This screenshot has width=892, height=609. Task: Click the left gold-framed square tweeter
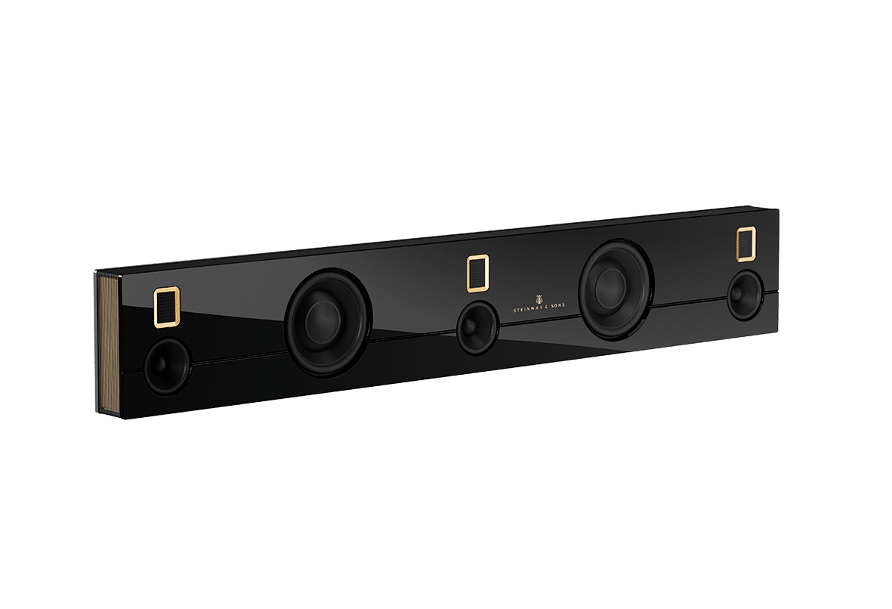167,308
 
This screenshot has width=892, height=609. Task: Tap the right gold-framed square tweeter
745,244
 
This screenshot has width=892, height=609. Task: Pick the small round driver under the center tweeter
478,327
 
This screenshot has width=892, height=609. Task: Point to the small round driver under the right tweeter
745,294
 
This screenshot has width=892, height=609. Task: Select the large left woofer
329,322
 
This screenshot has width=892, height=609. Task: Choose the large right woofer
616,289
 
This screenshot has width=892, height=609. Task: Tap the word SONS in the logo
557,305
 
